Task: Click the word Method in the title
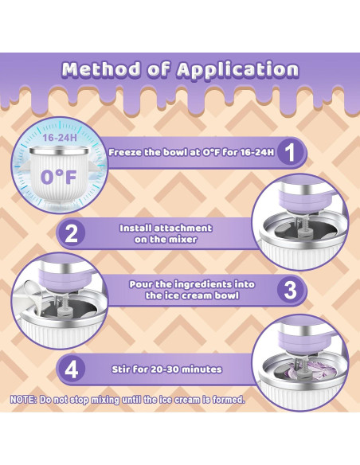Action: click(x=101, y=69)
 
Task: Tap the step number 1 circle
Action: click(x=291, y=153)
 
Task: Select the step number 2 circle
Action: click(x=71, y=233)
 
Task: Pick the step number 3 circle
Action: click(x=291, y=290)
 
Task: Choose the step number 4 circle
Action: click(x=71, y=369)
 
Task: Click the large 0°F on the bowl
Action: click(x=58, y=178)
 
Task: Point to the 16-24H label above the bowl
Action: click(x=60, y=138)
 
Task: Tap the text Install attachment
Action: click(x=166, y=228)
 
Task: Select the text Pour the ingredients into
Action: click(x=192, y=284)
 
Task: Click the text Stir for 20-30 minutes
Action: click(x=166, y=369)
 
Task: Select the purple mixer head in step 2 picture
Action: click(x=301, y=201)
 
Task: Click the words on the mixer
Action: click(x=166, y=240)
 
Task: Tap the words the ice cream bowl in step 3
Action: click(x=192, y=295)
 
